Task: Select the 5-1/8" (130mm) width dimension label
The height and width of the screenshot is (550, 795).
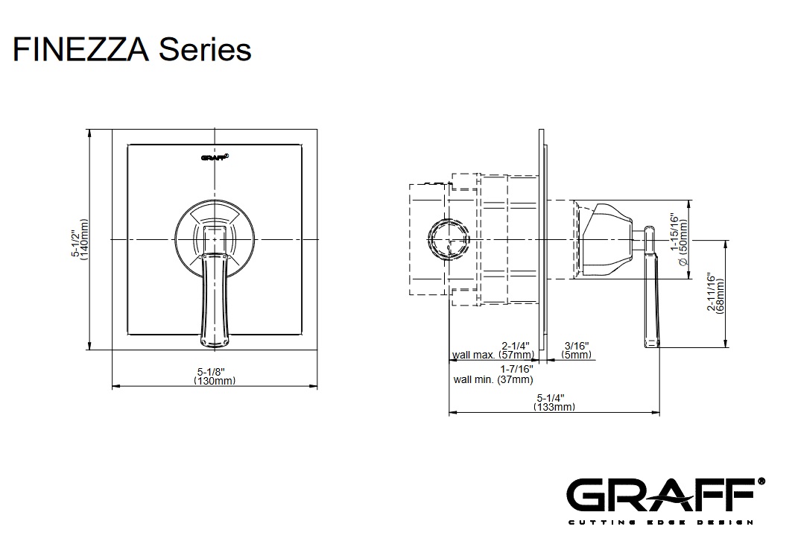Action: click(214, 375)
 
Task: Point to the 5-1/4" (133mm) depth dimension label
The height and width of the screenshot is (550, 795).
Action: click(554, 402)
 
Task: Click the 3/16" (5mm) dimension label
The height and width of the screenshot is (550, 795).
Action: click(576, 350)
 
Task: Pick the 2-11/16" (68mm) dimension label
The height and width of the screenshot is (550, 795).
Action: click(715, 293)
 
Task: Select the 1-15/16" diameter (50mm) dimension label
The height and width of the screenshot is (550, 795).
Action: click(679, 239)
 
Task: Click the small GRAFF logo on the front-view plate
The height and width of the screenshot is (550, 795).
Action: click(215, 157)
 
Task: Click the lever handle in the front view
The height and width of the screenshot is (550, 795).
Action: click(214, 298)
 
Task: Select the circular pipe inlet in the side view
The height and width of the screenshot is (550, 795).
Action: click(449, 239)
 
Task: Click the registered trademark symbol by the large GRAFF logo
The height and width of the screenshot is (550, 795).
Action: click(761, 481)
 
